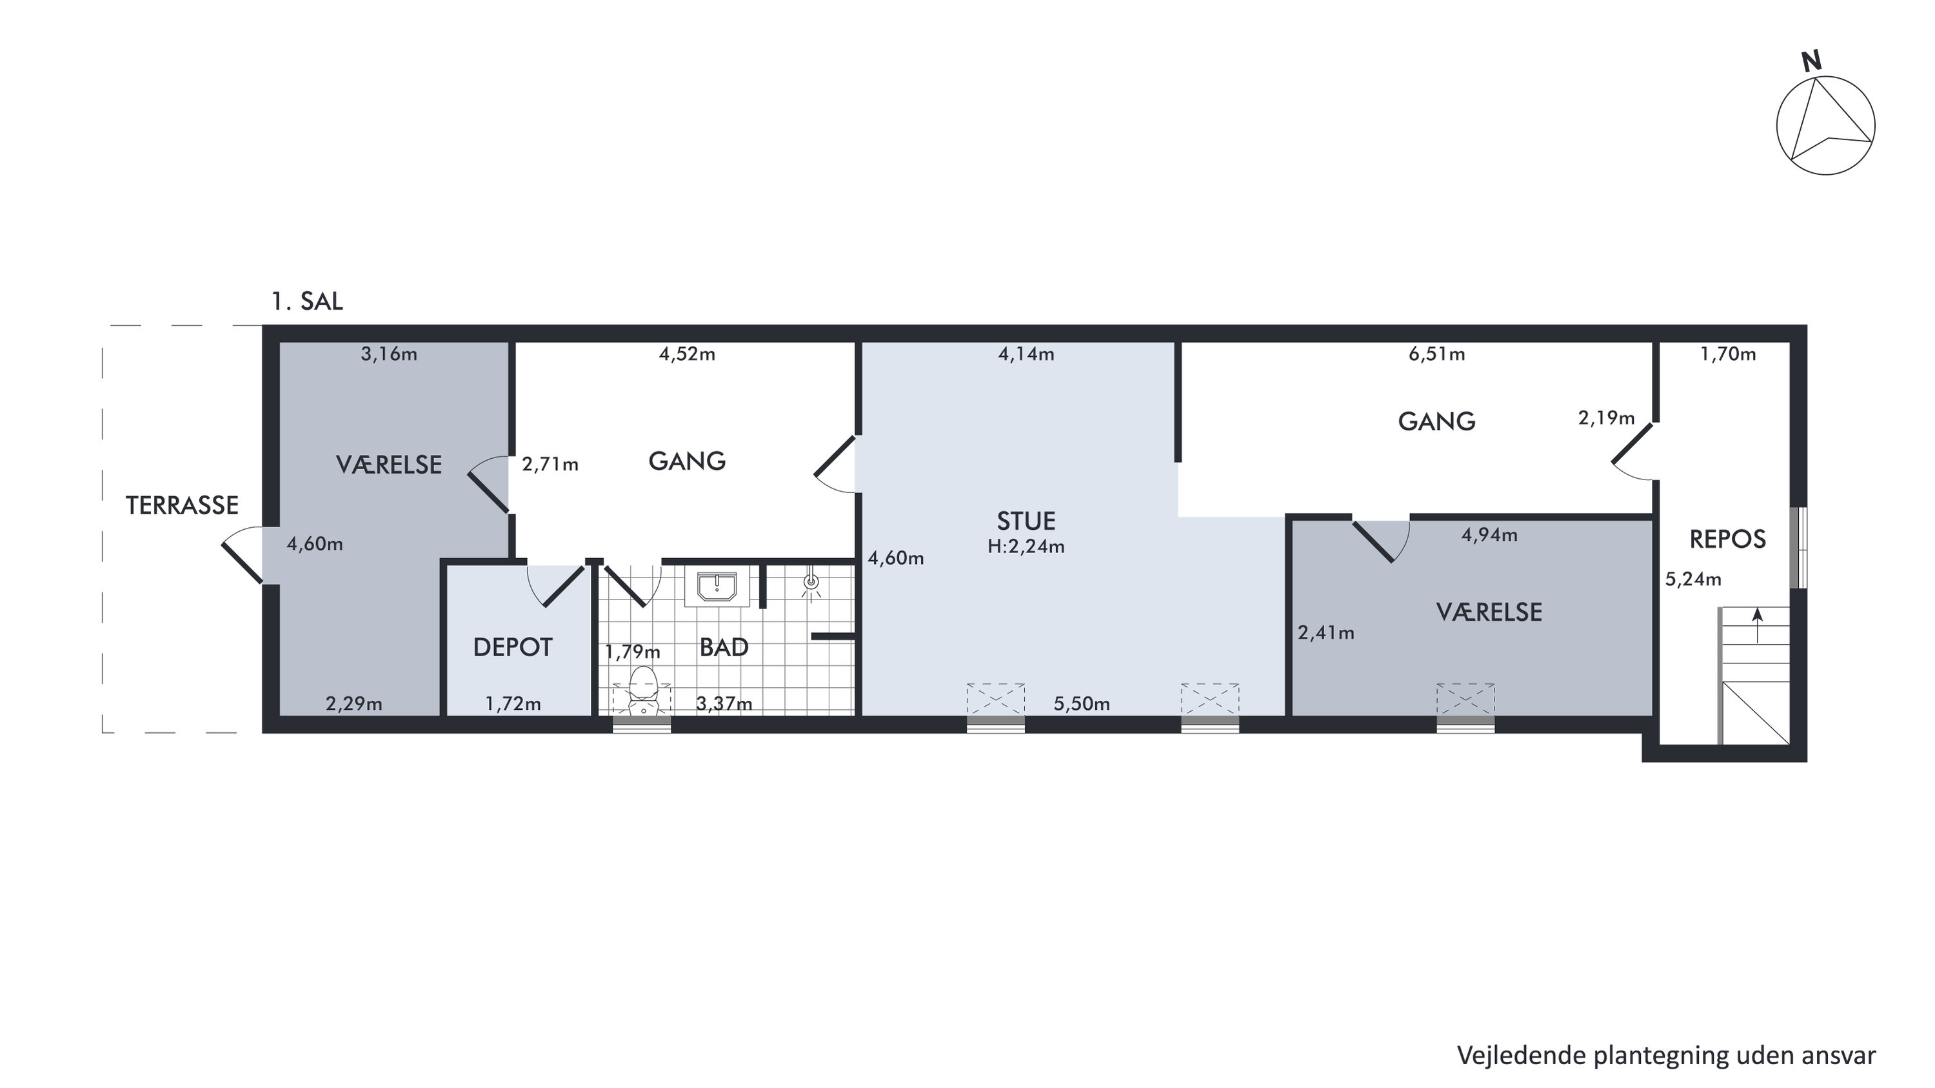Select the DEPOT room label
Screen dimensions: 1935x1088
click(x=513, y=647)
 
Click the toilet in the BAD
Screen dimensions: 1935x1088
click(x=643, y=690)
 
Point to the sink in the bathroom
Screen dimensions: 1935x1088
click(x=717, y=587)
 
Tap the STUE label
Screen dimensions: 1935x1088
click(x=1026, y=521)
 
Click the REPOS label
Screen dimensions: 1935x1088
click(x=1728, y=539)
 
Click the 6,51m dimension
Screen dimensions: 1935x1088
click(x=1437, y=354)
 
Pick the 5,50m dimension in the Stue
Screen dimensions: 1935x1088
click(x=1082, y=704)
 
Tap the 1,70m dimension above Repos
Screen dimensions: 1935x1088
click(x=1729, y=354)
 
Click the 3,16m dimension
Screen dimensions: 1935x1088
click(x=389, y=354)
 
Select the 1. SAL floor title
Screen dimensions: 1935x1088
click(x=307, y=302)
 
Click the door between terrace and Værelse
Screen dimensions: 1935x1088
click(x=243, y=554)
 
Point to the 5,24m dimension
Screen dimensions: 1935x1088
click(x=1694, y=579)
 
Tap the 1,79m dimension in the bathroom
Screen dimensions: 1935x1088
click(x=633, y=652)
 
